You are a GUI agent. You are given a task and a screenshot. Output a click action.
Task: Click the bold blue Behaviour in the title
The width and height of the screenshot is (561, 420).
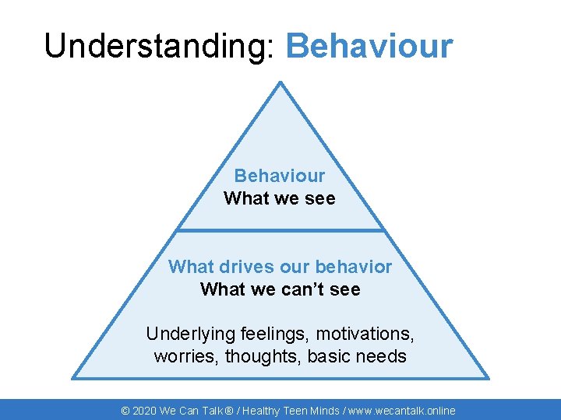point(369,47)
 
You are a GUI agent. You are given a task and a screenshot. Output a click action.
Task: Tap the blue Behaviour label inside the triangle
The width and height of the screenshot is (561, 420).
point(280,176)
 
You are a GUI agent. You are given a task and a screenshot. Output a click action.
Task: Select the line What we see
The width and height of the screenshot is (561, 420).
point(280,198)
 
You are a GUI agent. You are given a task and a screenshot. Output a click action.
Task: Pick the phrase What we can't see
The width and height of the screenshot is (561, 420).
point(280,289)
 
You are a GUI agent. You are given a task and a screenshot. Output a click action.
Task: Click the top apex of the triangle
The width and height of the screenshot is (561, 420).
point(280,82)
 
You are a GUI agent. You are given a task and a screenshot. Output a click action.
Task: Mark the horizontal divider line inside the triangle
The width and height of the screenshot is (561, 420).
point(280,230)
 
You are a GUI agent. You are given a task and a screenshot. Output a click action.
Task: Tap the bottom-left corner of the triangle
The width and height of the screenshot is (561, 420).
point(73,377)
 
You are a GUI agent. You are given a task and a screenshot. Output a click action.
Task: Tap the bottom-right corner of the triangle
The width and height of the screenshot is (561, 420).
point(488,377)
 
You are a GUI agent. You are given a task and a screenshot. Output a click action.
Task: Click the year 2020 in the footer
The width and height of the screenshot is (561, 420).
point(144,411)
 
